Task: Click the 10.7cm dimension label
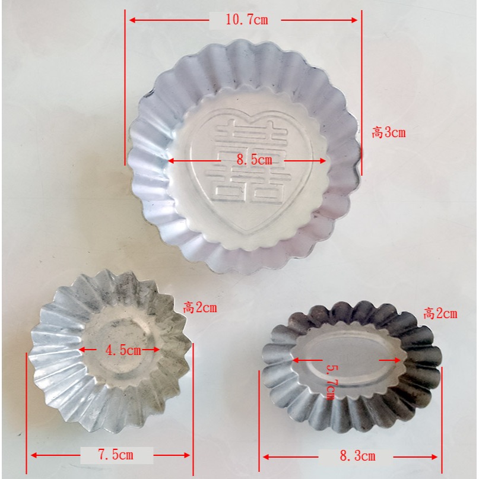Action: (247, 20)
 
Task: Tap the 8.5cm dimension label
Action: (254, 160)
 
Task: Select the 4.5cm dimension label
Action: (123, 350)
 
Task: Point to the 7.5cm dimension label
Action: (116, 455)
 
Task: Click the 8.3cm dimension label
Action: (357, 456)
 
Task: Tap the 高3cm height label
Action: (389, 132)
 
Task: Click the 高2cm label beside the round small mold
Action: (200, 307)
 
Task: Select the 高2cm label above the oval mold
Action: (440, 313)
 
